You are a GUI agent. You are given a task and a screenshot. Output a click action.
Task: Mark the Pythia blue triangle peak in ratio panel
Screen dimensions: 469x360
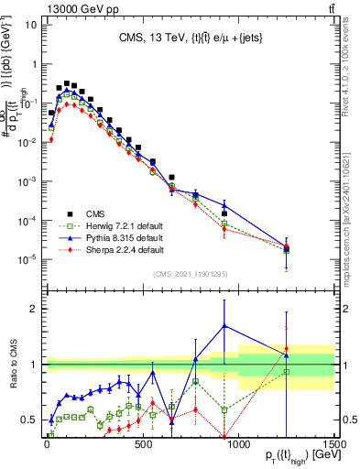(224, 326)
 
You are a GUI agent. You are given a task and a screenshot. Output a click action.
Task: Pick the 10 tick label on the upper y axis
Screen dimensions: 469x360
(31, 24)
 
